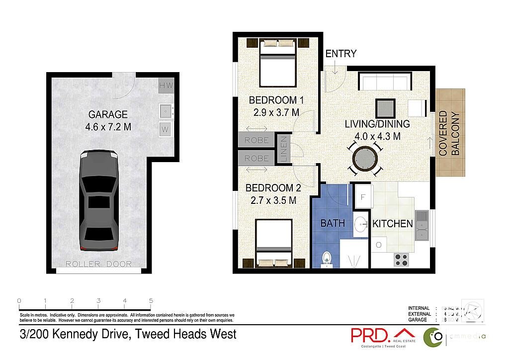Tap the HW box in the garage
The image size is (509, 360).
coord(166,86)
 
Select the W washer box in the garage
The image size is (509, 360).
coord(166,130)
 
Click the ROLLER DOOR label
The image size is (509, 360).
coord(99,264)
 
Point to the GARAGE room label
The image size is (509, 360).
coord(108,114)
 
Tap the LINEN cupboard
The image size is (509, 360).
coord(283,149)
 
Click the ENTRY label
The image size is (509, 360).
coord(340,54)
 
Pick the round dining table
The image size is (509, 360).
coord(365,159)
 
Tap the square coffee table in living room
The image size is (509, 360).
coord(385,107)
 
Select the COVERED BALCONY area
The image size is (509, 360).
coord(450,133)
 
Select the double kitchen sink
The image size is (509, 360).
coord(422,225)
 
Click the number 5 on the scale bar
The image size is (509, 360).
coord(151,300)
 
